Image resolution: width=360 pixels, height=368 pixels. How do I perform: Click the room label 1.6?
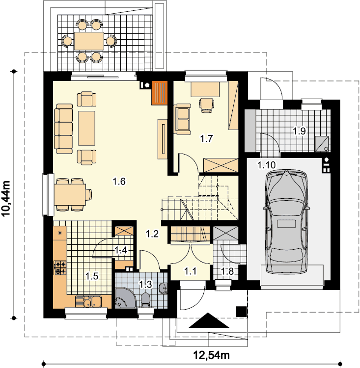pyautogui.click(x=119, y=181)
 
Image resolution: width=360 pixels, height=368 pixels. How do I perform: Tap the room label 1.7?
pyautogui.click(x=206, y=138)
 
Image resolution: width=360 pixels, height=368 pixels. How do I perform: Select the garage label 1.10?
pyautogui.click(x=267, y=165)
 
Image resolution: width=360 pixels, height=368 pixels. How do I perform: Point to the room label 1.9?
pyautogui.click(x=300, y=131)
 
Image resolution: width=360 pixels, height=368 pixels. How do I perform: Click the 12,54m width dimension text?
pyautogui.click(x=211, y=355)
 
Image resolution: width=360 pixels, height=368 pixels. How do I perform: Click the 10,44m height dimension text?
pyautogui.click(x=6, y=198)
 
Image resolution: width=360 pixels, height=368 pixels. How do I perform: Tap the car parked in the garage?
pyautogui.click(x=286, y=222)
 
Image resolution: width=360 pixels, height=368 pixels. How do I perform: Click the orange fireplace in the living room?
pyautogui.click(x=160, y=92)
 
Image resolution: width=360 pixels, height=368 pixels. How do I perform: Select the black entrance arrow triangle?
pyautogui.click(x=209, y=320)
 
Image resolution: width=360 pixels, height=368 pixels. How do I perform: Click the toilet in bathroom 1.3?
pyautogui.click(x=146, y=300)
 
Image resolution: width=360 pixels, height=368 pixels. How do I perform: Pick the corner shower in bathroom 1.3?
pyautogui.click(x=125, y=298)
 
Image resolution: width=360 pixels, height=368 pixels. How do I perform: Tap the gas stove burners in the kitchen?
pyautogui.click(x=60, y=268)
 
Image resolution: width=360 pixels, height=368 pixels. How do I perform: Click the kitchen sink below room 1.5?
pyautogui.click(x=88, y=301)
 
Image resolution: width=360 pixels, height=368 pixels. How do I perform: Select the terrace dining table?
pyautogui.click(x=89, y=41)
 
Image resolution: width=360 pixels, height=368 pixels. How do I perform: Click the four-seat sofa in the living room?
pyautogui.click(x=63, y=129)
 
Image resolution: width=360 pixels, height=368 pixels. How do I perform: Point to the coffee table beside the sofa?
pyautogui.click(x=87, y=128)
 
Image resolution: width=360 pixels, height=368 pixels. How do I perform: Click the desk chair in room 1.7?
pyautogui.click(x=207, y=105)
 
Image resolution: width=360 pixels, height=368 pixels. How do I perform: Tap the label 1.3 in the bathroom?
pyautogui.click(x=146, y=285)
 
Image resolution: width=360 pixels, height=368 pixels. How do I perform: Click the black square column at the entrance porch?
pyautogui.click(x=241, y=312)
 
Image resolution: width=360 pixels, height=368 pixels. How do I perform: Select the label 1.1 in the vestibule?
pyautogui.click(x=190, y=271)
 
